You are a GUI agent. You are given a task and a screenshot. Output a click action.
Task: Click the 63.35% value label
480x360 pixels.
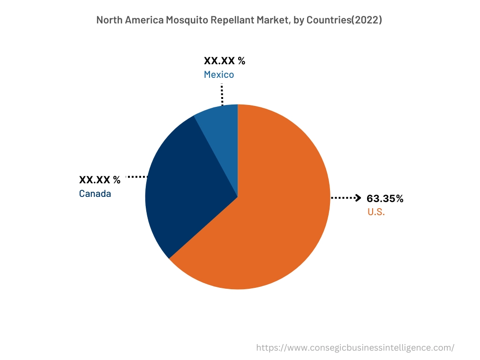click(x=385, y=199)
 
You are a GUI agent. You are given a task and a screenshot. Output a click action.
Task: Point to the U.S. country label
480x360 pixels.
click(x=376, y=212)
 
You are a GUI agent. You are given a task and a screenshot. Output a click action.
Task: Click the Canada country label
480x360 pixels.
click(x=95, y=194)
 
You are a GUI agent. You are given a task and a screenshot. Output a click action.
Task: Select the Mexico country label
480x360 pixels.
click(x=218, y=75)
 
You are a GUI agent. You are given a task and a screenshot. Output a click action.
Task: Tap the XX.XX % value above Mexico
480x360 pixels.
click(x=224, y=61)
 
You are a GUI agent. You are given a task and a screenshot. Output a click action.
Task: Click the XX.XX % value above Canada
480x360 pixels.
click(x=99, y=180)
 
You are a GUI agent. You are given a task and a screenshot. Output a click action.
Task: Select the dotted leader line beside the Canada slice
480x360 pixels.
click(x=137, y=177)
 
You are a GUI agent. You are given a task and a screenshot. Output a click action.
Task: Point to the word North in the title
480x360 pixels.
click(x=109, y=20)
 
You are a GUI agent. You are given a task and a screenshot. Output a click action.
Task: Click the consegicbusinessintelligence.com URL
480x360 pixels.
click(x=355, y=348)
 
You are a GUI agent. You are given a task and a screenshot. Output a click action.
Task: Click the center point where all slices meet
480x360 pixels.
click(x=238, y=197)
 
